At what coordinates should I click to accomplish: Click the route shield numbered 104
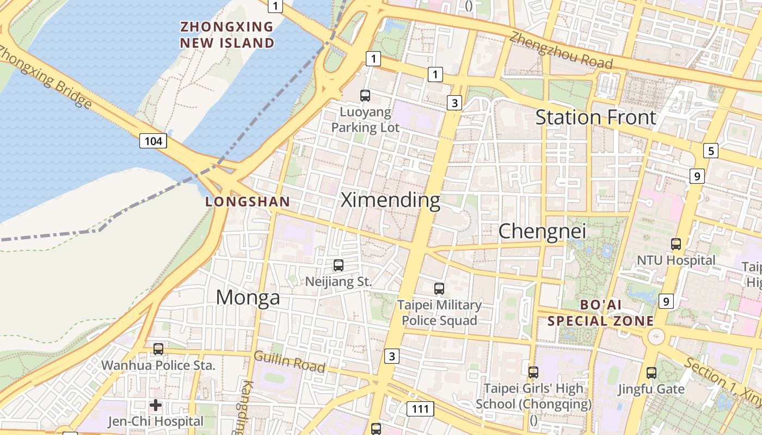(153, 141)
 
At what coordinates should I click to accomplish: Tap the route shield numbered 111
(420, 409)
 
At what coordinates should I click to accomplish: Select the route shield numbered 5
(710, 151)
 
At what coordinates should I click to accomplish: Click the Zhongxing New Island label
(228, 34)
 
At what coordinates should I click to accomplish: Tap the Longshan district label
(248, 202)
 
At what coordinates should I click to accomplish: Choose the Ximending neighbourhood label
(390, 200)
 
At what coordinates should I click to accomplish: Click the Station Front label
(596, 117)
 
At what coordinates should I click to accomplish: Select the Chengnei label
(542, 231)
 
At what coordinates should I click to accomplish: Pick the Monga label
(248, 297)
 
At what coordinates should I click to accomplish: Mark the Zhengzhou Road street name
(561, 51)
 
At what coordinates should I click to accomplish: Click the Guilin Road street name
(289, 362)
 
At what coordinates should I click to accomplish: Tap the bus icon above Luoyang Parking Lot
(365, 96)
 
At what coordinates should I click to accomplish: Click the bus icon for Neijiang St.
(339, 265)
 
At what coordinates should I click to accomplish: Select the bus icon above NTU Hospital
(676, 244)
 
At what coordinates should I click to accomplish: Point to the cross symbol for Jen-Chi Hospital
(156, 405)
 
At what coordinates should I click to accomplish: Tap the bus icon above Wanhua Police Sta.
(158, 349)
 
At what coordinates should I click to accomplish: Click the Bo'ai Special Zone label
(600, 313)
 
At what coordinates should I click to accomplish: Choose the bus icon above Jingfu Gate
(651, 373)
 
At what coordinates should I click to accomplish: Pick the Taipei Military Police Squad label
(439, 312)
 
